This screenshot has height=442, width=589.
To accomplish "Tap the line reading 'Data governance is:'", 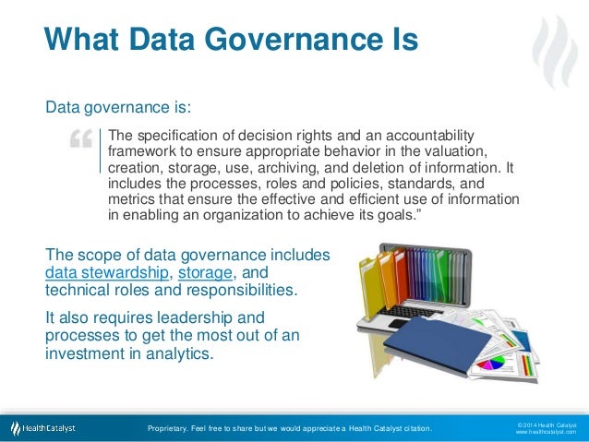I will (x=118, y=107).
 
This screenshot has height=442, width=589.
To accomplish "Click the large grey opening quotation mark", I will (x=80, y=140).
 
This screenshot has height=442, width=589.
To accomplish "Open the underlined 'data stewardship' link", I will (x=106, y=272).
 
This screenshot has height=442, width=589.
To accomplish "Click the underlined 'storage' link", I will (x=207, y=272).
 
